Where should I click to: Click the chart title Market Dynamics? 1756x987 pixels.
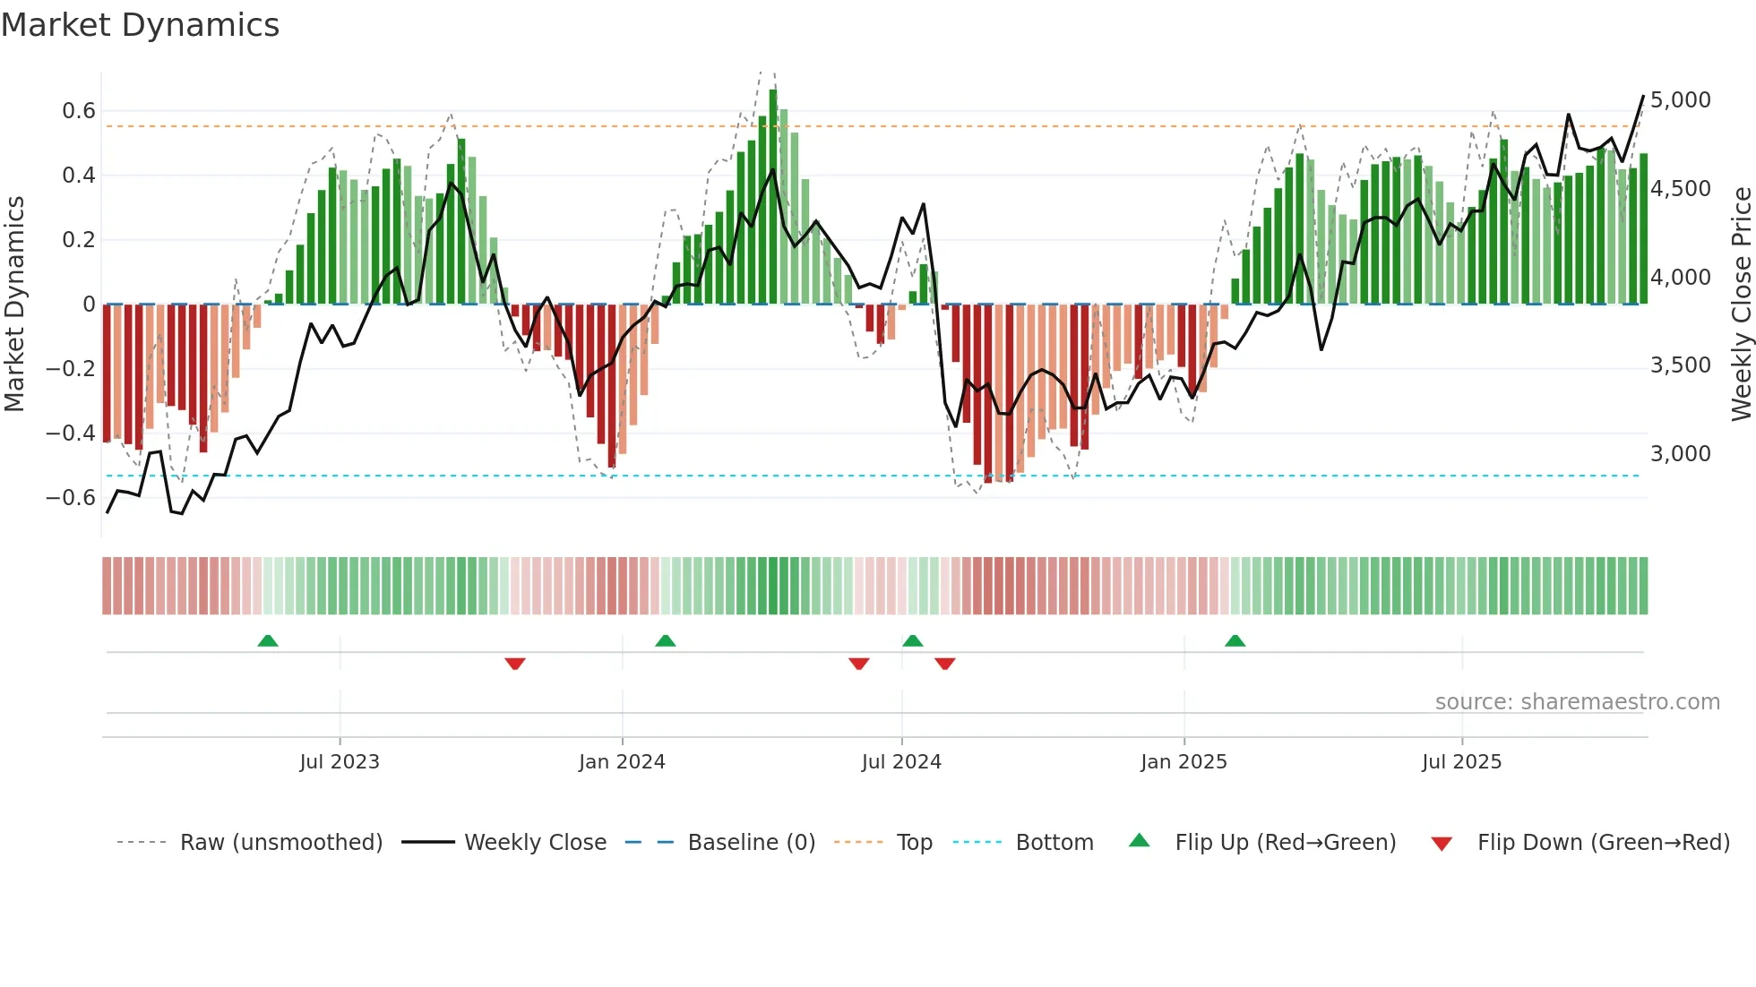tap(140, 25)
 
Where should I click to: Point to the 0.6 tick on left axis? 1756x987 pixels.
tap(78, 111)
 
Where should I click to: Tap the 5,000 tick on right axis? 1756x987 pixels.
tap(1680, 100)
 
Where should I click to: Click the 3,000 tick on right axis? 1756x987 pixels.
tap(1680, 454)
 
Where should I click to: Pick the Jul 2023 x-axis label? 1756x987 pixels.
tap(340, 762)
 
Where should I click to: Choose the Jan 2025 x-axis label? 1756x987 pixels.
tap(1184, 762)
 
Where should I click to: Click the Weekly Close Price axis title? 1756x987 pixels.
tap(1741, 304)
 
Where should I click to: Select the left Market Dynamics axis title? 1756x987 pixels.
tap(14, 304)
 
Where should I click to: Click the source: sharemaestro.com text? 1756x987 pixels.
tap(1577, 702)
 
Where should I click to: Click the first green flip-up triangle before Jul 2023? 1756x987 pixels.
tap(268, 640)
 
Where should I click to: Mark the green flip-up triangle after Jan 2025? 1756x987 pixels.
tap(1235, 640)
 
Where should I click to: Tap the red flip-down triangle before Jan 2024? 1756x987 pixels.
tap(514, 664)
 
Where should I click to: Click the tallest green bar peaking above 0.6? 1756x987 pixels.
tap(773, 197)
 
